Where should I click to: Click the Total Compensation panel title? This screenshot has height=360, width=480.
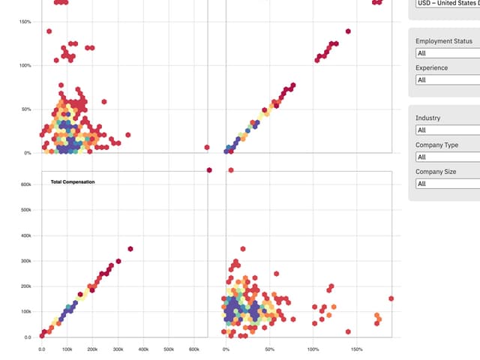point(72,181)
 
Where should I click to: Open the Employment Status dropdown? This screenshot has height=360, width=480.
point(447,53)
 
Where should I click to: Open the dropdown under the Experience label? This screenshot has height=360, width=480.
point(447,79)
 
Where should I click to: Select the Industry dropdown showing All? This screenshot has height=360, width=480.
point(447,130)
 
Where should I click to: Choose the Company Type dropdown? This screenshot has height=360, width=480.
point(447,157)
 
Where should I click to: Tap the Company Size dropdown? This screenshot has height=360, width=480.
point(447,184)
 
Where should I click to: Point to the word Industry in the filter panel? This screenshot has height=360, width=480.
point(428,118)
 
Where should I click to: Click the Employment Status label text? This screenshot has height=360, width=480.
point(444,41)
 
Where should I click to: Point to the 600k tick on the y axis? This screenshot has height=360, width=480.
point(25,184)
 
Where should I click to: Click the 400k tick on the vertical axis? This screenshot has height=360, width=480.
point(25,235)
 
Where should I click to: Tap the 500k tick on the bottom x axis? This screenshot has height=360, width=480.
point(169,349)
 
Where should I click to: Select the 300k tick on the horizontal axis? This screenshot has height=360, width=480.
point(118,349)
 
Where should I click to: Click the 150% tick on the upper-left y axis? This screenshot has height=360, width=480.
point(24,21)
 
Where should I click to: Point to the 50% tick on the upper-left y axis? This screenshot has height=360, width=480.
point(25,109)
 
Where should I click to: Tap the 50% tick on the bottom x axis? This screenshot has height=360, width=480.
point(270,349)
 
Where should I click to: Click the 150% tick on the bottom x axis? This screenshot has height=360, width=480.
point(356,349)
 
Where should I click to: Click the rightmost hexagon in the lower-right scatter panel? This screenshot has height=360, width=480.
point(391,298)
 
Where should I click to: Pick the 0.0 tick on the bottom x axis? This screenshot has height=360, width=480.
point(41,349)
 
